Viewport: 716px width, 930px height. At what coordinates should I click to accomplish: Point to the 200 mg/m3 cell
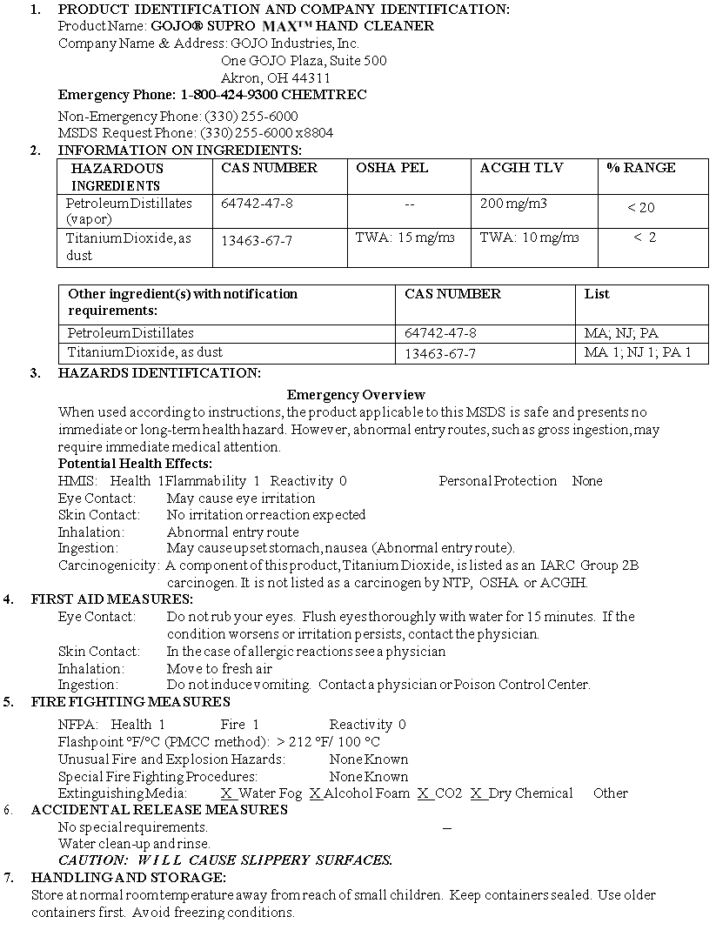click(513, 203)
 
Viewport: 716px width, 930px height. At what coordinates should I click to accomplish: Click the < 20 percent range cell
click(641, 207)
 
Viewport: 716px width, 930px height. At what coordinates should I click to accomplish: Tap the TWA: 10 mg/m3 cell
click(529, 237)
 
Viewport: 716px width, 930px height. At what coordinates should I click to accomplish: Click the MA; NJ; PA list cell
click(621, 333)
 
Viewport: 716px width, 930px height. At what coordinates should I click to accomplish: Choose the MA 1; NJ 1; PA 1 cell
click(638, 352)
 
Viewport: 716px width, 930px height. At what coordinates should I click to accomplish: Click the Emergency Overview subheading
click(356, 395)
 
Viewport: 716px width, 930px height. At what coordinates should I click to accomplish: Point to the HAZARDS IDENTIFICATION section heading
click(159, 373)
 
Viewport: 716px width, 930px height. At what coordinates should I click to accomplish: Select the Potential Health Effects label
click(135, 464)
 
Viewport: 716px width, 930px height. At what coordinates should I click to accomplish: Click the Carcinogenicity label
click(109, 565)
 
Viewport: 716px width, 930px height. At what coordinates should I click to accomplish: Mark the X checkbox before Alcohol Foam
click(316, 793)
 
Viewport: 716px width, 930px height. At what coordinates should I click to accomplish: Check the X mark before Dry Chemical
click(477, 793)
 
